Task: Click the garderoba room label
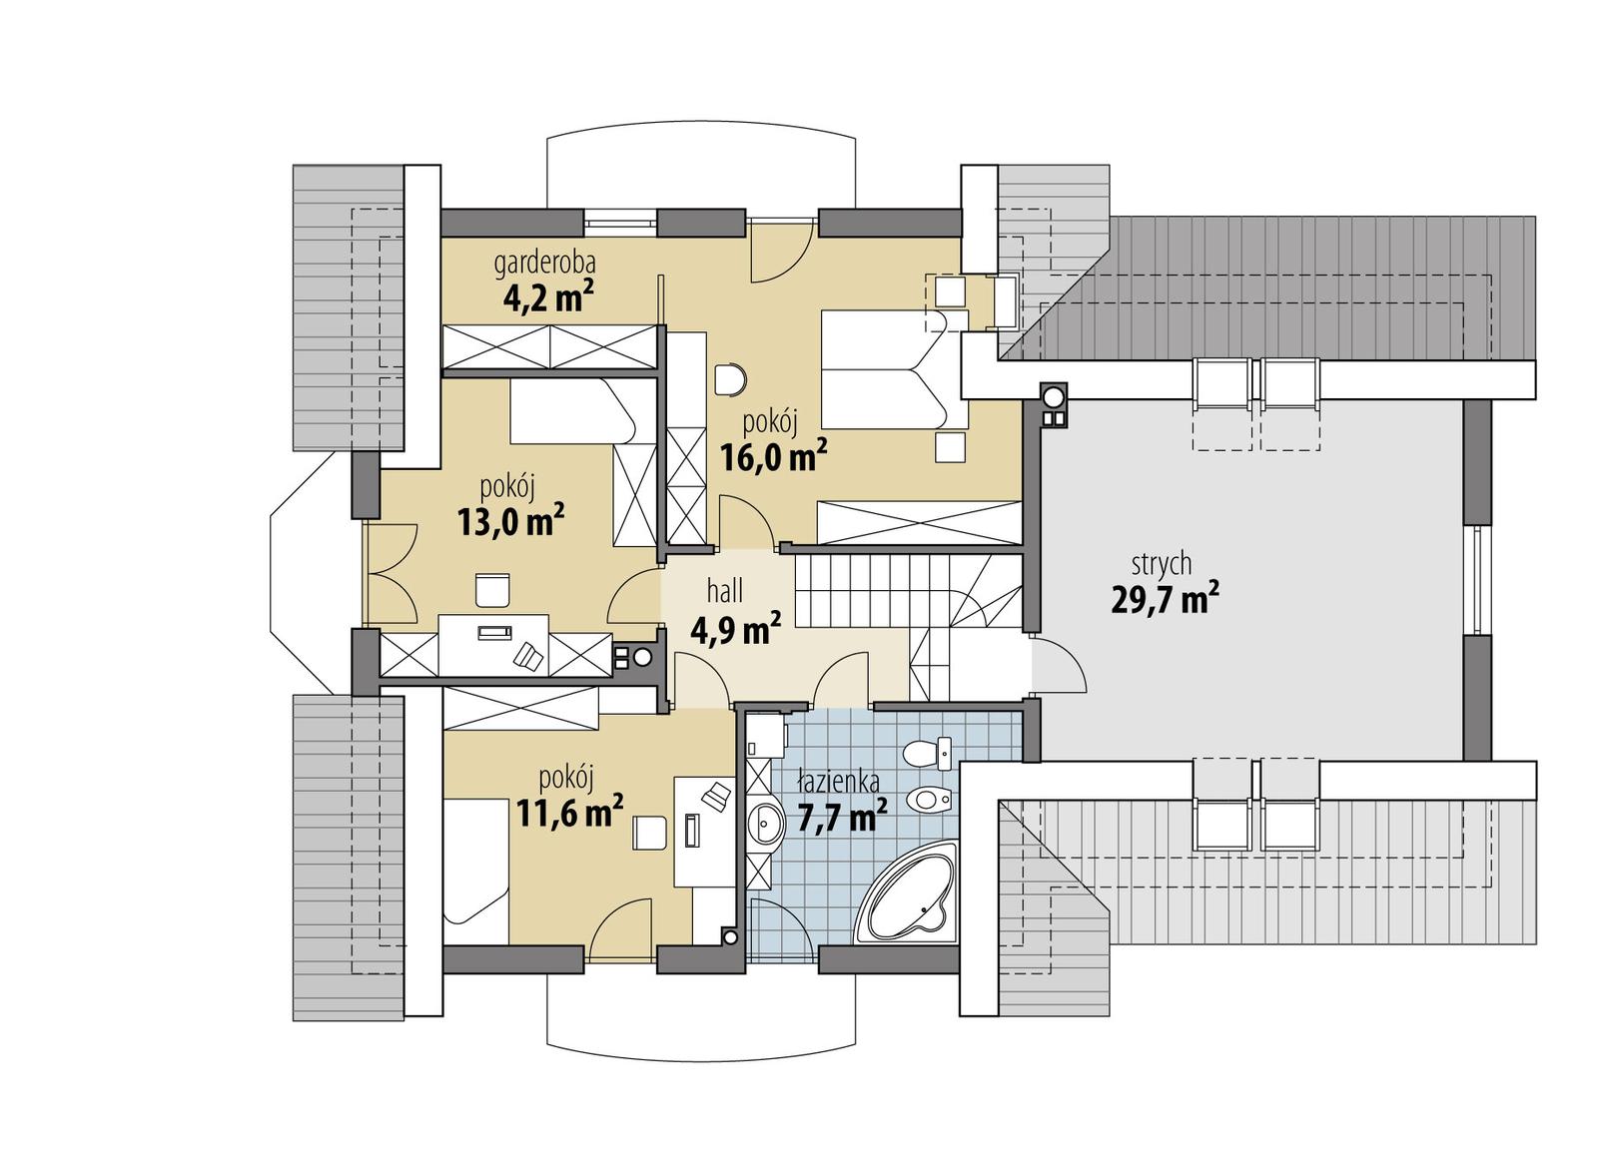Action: (x=545, y=264)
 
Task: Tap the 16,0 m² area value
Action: (x=773, y=456)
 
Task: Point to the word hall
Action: (x=724, y=592)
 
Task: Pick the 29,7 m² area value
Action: (x=1164, y=599)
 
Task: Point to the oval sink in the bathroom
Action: (x=766, y=824)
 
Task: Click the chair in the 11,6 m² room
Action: (x=649, y=831)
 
